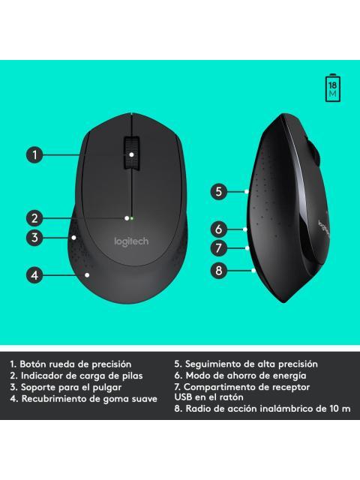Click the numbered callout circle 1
pos(34,155)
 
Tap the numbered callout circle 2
pos(34,219)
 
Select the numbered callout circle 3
pos(34,238)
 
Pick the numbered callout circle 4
pos(34,275)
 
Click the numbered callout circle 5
pos(218,191)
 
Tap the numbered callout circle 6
pos(218,229)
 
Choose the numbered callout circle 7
pos(218,247)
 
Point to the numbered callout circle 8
pos(218,270)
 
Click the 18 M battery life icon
pos(332,88)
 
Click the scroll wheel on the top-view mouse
pos(131,153)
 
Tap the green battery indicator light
pos(131,219)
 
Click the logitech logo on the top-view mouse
pos(131,241)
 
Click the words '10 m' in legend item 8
pos(338,409)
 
